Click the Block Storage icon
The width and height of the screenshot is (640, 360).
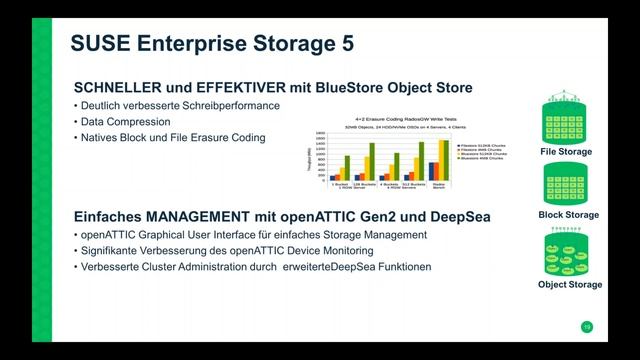point(567,185)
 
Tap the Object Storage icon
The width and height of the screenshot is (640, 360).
point(567,253)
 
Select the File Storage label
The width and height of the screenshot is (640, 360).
point(567,152)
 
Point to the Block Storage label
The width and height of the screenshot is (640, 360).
point(567,215)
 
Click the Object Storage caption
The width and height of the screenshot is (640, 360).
point(569,284)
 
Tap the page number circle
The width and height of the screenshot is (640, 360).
point(586,327)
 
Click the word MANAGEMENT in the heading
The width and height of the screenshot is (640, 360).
point(194,216)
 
